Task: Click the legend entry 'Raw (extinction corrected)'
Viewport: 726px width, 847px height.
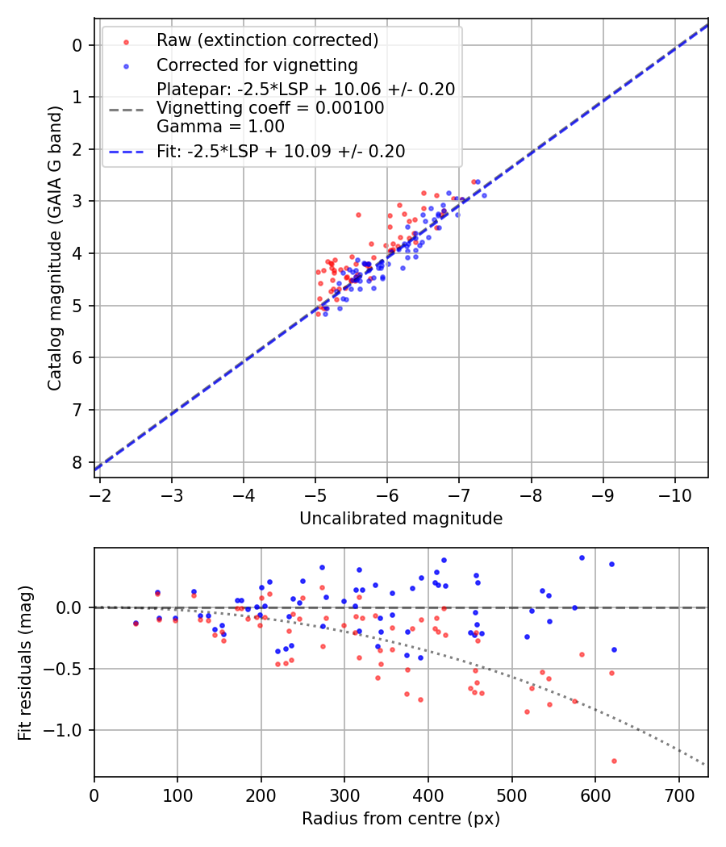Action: pos(267,40)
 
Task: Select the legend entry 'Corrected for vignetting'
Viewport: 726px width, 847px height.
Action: pos(257,65)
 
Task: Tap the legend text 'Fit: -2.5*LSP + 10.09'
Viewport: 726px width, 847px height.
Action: pos(281,151)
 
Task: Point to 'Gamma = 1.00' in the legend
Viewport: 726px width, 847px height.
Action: pos(220,126)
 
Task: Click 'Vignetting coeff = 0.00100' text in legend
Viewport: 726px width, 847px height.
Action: pos(270,108)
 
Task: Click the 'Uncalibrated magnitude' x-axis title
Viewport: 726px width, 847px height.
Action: pos(401,519)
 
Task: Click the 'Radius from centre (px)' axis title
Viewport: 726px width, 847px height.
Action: pos(401,819)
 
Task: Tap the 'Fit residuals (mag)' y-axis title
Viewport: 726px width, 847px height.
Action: pos(26,662)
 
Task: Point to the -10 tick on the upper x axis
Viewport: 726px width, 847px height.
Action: pos(674,494)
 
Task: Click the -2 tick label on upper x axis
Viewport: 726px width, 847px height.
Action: pos(101,494)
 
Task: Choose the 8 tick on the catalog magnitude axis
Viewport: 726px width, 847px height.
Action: pos(77,462)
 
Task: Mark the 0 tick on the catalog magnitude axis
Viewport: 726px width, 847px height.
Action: pos(77,45)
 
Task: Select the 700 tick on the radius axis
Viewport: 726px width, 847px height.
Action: pos(678,795)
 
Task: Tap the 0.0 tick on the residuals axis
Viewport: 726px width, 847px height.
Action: pos(71,607)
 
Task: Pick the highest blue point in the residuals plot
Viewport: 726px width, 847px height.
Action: pos(582,557)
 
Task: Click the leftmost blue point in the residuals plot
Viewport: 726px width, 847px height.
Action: pos(136,623)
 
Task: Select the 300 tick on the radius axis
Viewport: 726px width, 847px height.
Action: pos(344,795)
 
